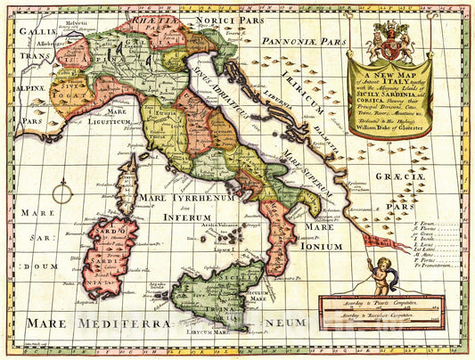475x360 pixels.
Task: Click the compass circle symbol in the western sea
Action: coord(62,190)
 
